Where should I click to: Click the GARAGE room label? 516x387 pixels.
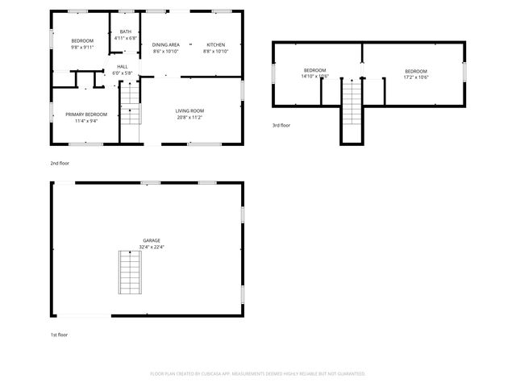tap(151, 240)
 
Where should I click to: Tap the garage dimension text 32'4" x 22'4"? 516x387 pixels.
tap(151, 248)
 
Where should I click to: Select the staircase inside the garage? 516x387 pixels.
tap(129, 273)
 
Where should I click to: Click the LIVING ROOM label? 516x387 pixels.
tap(189, 110)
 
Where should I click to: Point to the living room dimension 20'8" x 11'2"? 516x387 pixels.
tap(189, 118)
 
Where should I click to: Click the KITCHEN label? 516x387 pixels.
tap(215, 44)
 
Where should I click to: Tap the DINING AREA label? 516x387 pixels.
tap(165, 44)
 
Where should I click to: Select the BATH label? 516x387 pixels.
tap(126, 31)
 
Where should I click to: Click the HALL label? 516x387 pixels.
tap(122, 66)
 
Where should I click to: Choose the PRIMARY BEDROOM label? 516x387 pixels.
tap(85, 114)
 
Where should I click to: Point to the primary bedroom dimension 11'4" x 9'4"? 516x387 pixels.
tap(85, 122)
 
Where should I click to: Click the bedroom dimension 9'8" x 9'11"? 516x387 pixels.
tap(82, 48)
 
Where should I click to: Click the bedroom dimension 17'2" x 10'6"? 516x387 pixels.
tap(415, 78)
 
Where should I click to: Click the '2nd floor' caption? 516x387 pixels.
tap(59, 162)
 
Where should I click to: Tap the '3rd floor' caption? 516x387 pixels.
tap(281, 125)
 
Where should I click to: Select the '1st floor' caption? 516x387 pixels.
tap(59, 333)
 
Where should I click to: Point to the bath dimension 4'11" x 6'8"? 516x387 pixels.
tap(126, 38)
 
